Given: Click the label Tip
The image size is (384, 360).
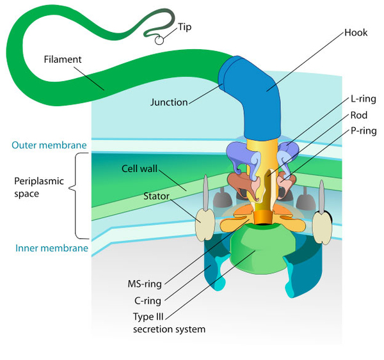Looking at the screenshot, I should (186, 27).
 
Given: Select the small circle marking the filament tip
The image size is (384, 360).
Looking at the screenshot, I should (158, 40).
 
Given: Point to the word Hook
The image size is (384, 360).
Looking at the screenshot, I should (356, 32).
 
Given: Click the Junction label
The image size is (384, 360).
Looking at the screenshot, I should (169, 102).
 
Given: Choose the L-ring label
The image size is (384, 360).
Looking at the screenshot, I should (364, 99).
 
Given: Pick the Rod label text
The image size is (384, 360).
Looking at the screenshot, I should (358, 116).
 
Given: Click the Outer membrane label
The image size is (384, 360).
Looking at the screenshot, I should (49, 145).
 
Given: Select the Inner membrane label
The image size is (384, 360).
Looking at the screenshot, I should (50, 247).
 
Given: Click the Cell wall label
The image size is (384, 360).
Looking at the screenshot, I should (140, 169).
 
